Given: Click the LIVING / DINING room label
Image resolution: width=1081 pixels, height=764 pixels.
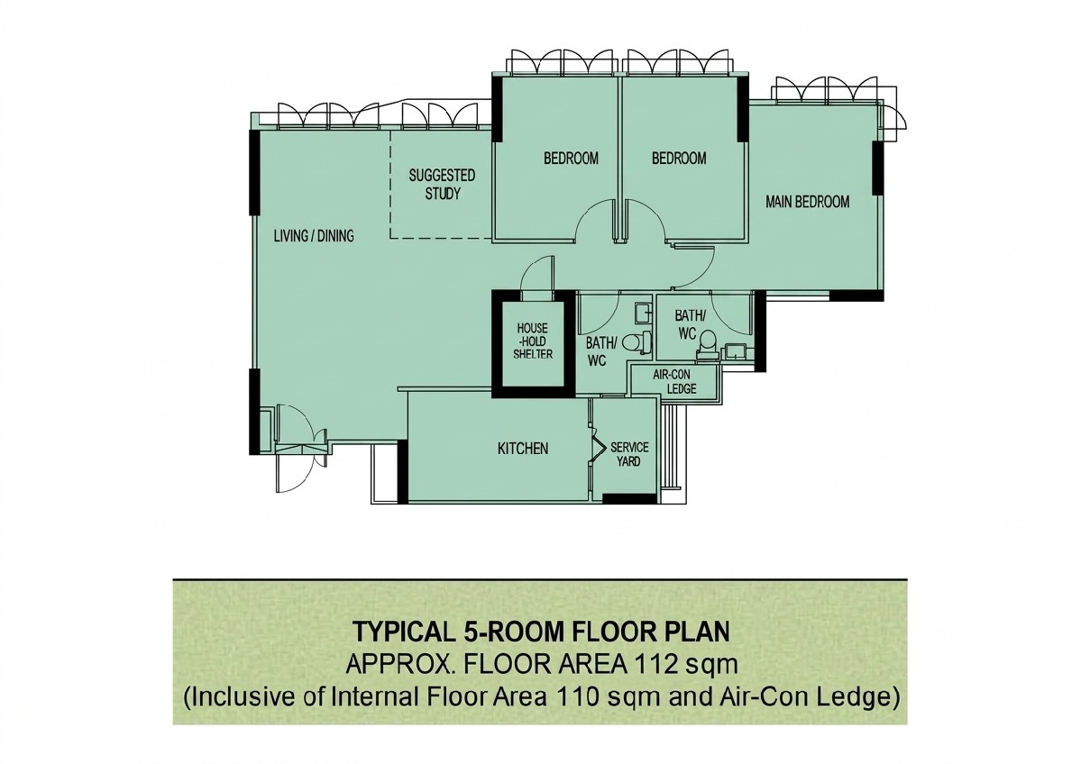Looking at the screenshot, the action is point(314,236).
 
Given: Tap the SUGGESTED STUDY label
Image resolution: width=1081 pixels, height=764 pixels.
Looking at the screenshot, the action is point(442,184).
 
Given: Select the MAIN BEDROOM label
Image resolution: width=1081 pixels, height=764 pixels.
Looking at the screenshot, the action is point(807,202).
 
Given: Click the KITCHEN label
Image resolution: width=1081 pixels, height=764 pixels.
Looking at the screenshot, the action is point(523,449).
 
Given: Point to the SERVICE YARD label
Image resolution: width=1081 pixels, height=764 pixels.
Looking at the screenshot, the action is point(628,454).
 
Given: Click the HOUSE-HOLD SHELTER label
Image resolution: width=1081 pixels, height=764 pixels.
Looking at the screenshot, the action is point(532,341).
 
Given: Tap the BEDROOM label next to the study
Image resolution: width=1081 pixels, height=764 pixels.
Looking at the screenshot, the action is point(571,159).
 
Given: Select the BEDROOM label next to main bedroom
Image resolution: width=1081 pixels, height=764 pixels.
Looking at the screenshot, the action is point(679,159).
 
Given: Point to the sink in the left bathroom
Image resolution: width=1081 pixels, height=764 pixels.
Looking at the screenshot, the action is point(643,313).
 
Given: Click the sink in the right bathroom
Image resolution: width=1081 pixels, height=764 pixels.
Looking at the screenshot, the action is point(735,351).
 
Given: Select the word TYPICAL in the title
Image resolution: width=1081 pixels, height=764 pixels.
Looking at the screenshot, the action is point(400,632).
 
